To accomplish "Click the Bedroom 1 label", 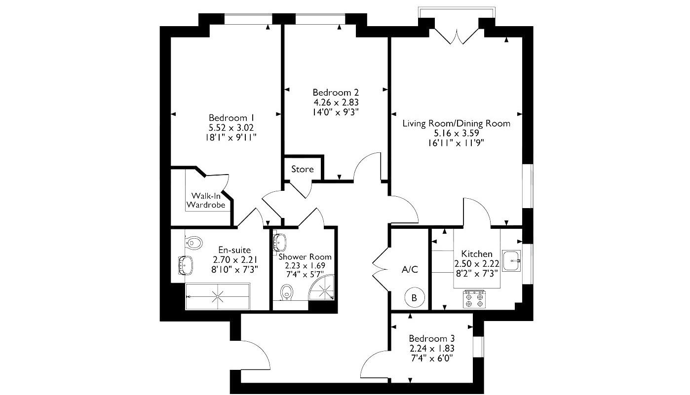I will point(231,118).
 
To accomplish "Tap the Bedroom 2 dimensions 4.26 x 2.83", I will point(336,103).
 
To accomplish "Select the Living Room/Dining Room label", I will point(456,123).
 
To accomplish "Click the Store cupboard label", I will point(302,169).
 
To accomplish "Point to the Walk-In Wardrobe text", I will point(206,200).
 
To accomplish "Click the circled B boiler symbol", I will point(414,298).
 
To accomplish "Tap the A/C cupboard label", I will point(410,270).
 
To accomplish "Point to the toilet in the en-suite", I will point(194,242).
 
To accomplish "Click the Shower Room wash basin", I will point(279,242).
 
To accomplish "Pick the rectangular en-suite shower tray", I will point(218,296).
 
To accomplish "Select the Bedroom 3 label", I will point(431,339).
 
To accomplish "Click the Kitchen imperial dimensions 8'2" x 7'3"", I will point(476,273).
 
